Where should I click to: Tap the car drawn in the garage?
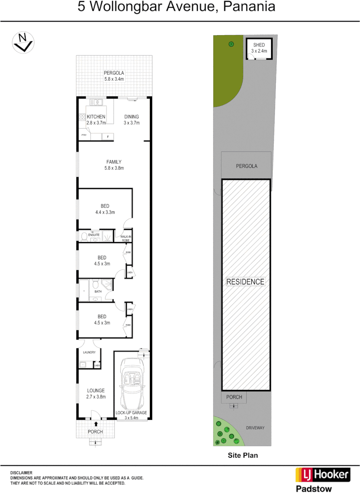pos(132,384)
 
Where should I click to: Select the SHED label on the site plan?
pos(259,45)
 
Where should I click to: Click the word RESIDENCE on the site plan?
pos(246,282)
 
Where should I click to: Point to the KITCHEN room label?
pos(96,117)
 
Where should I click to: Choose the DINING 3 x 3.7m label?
pos(132,120)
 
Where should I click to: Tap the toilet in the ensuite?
pos(84,236)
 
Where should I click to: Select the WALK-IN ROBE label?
pos(125,238)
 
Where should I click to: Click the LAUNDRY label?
pos(89,352)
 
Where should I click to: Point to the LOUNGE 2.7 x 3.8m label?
pos(96,393)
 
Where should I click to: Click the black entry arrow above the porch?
pos(96,424)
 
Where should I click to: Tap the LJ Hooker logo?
pos(323,475)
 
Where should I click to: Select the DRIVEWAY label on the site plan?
pos(255,428)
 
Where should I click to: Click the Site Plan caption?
pos(243,455)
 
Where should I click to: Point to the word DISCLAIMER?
pos(21,473)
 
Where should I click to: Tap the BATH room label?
pos(98,291)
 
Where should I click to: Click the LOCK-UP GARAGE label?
pos(131,413)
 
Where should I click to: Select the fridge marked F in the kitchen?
pos(108,136)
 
